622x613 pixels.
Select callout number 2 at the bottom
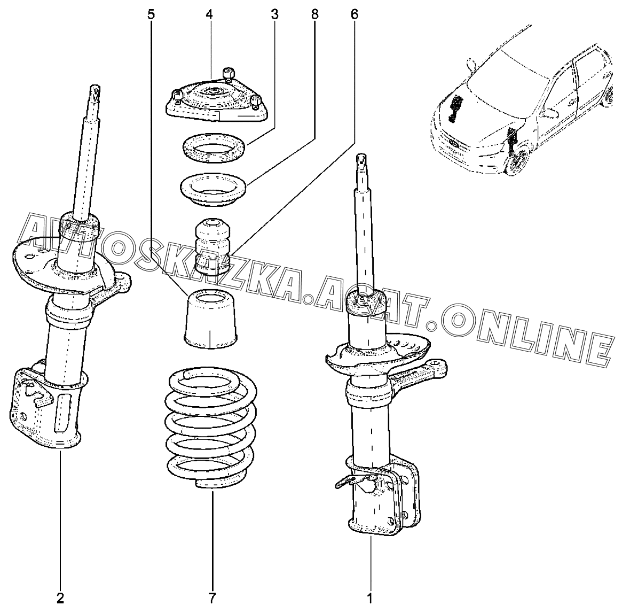click(60, 597)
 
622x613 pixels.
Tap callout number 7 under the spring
click(212, 597)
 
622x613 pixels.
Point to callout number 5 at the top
click(152, 14)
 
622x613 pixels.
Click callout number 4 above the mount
click(209, 14)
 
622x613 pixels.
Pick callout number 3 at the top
click(274, 14)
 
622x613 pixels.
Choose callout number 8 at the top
click(314, 14)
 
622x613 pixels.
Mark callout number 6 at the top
click(355, 14)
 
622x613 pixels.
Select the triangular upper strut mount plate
click(216, 102)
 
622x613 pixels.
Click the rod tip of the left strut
click(95, 91)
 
